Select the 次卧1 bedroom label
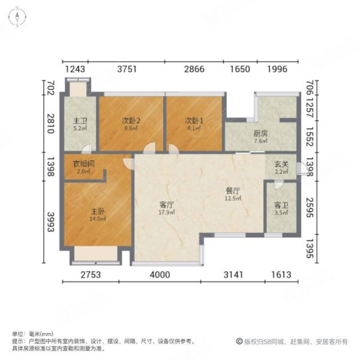coord(194,119)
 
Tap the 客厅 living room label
coord(167,205)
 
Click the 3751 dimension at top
coord(128,70)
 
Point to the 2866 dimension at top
coord(194,70)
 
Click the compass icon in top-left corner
coord(18,16)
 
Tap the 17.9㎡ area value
coord(167,212)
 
